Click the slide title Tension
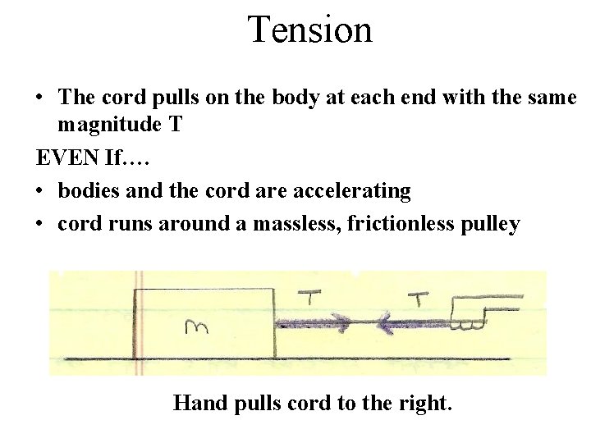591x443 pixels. [310, 30]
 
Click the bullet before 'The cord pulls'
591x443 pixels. [39, 98]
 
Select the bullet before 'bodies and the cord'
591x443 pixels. [39, 191]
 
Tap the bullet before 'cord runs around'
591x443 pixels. [39, 225]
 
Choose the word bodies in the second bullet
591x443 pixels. [87, 190]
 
